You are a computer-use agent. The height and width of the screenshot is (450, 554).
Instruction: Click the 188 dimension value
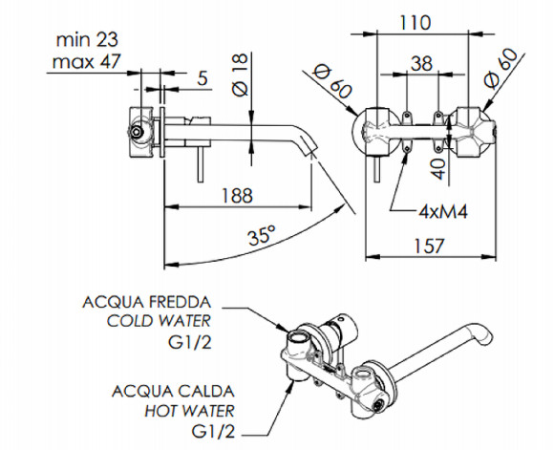click(x=237, y=195)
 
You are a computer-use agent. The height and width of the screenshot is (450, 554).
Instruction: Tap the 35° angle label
click(x=262, y=235)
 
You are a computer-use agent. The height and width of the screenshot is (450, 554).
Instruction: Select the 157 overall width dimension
click(x=428, y=246)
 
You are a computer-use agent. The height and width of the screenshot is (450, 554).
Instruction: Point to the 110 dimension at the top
click(x=415, y=23)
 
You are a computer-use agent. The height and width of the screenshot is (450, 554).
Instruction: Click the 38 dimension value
click(x=421, y=63)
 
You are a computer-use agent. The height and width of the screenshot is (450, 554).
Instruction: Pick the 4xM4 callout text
click(x=443, y=212)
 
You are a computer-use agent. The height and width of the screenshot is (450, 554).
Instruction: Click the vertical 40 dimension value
click(x=438, y=169)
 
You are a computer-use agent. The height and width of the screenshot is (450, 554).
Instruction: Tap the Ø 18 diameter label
click(x=241, y=75)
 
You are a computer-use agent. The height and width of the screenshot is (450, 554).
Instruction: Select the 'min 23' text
click(x=87, y=39)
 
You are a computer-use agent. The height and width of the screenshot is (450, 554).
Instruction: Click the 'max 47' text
click(x=87, y=61)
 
